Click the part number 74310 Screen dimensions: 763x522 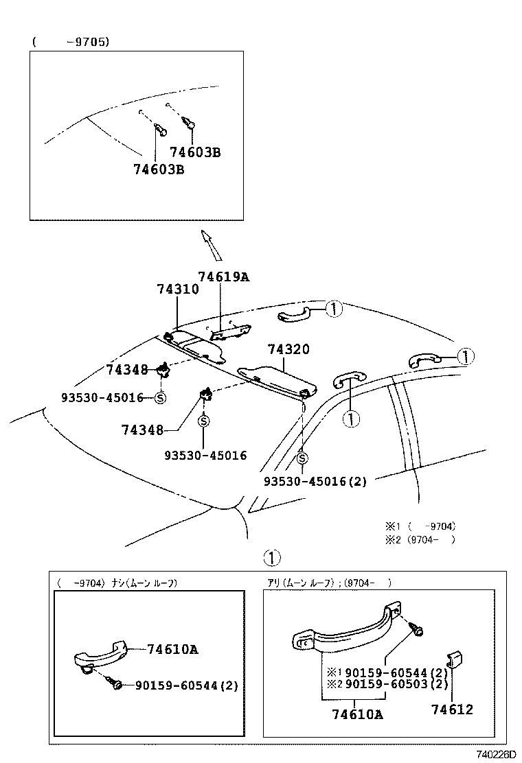177,290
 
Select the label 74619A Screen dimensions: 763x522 223,277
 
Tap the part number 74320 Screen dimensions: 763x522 288,349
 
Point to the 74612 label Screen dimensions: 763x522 452,709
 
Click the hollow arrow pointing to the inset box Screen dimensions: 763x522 211,244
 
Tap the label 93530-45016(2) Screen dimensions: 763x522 315,481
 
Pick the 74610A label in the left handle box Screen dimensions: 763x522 172,649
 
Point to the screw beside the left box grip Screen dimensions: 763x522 116,683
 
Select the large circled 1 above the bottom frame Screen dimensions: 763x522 273,556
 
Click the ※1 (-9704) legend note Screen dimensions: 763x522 420,526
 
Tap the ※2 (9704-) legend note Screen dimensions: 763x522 420,539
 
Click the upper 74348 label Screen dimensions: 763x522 127,370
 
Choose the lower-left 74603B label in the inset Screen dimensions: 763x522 158,169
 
